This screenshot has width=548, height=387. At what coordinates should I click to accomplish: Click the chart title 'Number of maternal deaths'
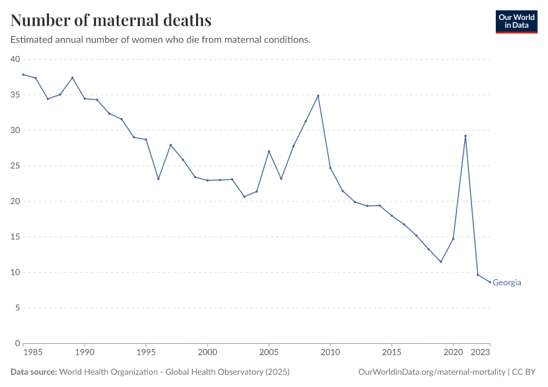click(111, 20)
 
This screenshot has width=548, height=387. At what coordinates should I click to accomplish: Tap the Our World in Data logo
click(516, 21)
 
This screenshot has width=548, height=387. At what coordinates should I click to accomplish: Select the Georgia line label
click(507, 283)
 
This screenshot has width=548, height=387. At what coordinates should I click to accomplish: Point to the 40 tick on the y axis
click(15, 59)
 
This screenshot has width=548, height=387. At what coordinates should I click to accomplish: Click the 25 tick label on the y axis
click(15, 166)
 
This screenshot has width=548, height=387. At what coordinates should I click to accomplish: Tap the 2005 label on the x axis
click(269, 353)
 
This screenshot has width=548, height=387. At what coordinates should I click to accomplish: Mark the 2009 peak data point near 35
click(318, 96)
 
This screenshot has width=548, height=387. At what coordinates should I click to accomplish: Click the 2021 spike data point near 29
click(465, 136)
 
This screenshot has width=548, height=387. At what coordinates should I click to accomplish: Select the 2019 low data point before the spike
click(441, 262)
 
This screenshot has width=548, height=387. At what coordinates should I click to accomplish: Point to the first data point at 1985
click(23, 75)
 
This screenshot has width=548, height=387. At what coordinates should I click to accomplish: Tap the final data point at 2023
click(490, 282)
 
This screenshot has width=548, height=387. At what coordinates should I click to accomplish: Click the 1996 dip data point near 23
click(158, 179)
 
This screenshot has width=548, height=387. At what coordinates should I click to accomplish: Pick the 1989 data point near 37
click(72, 77)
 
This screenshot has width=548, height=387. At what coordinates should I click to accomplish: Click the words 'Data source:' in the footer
click(34, 372)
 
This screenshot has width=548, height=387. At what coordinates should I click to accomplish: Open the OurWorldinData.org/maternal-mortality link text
click(431, 372)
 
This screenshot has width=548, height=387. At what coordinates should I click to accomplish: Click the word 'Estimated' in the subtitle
click(32, 40)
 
